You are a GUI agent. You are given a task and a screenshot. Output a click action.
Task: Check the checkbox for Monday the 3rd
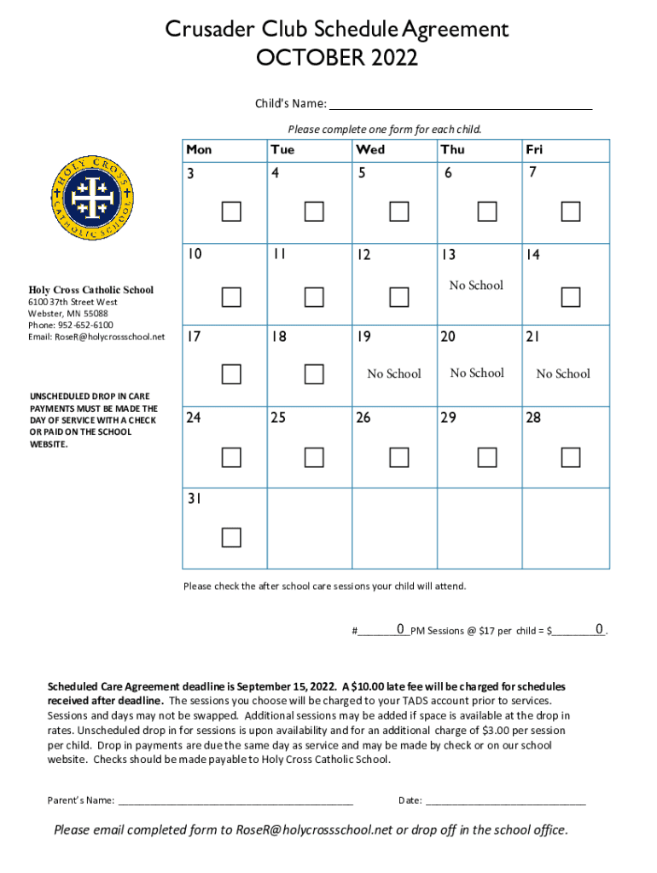click(231, 211)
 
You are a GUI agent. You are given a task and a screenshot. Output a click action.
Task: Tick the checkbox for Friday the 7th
click(570, 211)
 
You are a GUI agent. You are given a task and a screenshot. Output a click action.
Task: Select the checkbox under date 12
click(398, 297)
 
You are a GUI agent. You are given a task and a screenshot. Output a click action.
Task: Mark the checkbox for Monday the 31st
click(231, 537)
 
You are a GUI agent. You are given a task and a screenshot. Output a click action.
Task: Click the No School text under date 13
click(476, 286)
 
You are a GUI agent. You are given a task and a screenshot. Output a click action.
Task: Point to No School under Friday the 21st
click(562, 373)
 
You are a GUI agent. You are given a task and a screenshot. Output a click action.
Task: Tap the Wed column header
click(370, 149)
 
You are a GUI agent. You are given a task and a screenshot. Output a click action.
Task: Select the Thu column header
click(452, 149)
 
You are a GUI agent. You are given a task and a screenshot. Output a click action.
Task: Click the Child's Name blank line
click(460, 104)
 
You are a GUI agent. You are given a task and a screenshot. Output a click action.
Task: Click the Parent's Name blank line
click(235, 800)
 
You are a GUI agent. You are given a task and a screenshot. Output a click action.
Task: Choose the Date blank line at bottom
click(505, 800)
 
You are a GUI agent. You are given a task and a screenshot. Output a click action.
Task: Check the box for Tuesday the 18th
click(314, 373)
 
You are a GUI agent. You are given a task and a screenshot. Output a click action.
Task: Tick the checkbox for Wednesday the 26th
click(398, 458)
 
